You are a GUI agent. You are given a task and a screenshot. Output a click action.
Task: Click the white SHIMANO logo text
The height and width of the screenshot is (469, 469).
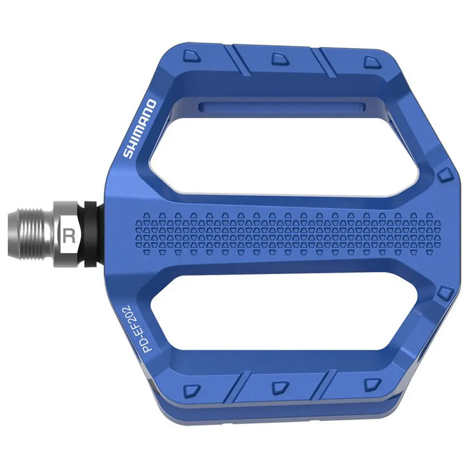pos(140,129)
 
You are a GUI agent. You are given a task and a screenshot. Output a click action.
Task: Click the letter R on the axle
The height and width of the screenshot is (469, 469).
pos(70,236)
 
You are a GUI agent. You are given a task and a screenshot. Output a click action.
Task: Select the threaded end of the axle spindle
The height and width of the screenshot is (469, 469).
pos(31,234)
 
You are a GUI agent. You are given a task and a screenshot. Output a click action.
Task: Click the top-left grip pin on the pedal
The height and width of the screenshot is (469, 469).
pos(192,56)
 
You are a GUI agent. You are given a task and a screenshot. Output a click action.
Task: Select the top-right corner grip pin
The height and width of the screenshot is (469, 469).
pos(373,62)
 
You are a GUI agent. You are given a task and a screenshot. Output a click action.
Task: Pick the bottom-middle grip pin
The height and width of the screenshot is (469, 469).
pos(280,386)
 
